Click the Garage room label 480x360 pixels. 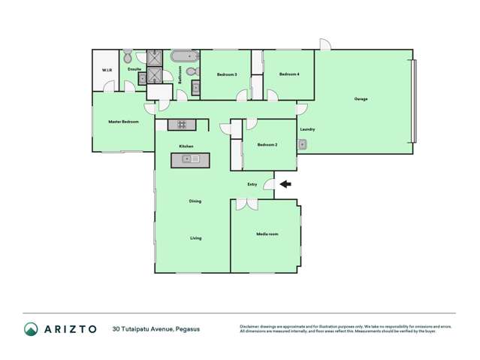[361, 99]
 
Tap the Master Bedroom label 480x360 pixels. [123, 121]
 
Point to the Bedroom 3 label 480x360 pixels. [227, 74]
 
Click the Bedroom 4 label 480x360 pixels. [289, 74]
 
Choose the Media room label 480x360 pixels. [267, 234]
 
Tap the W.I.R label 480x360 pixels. [107, 71]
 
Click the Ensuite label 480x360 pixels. [134, 69]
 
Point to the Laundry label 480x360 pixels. [307, 129]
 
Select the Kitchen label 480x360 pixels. [186, 146]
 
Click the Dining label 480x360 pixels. [195, 201]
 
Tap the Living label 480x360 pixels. [195, 238]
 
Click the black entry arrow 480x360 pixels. [285, 183]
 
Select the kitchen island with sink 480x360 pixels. [190, 159]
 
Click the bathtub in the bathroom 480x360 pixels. [184, 56]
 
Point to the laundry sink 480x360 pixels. [302, 144]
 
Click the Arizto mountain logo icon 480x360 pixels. [31, 328]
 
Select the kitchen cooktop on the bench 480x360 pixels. [181, 124]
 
